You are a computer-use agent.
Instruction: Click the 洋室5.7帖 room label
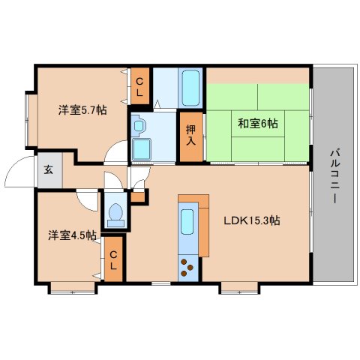[x=82, y=110]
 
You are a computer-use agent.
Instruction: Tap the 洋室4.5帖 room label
[x=72, y=235]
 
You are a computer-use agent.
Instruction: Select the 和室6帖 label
[x=258, y=124]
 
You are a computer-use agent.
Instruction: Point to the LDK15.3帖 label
[x=251, y=220]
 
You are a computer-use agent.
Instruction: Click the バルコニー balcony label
[x=334, y=176]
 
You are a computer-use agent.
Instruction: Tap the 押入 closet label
[x=191, y=135]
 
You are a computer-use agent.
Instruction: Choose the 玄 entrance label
[x=49, y=169]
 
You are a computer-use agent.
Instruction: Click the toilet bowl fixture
[x=115, y=215]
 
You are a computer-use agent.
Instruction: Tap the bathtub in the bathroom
[x=190, y=88]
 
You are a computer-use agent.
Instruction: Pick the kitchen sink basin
[x=187, y=221]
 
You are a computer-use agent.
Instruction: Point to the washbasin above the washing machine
[x=138, y=126]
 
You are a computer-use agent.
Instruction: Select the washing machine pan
[x=142, y=149]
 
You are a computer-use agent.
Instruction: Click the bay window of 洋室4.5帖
[x=73, y=288]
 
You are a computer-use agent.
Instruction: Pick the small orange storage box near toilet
[x=137, y=197]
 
